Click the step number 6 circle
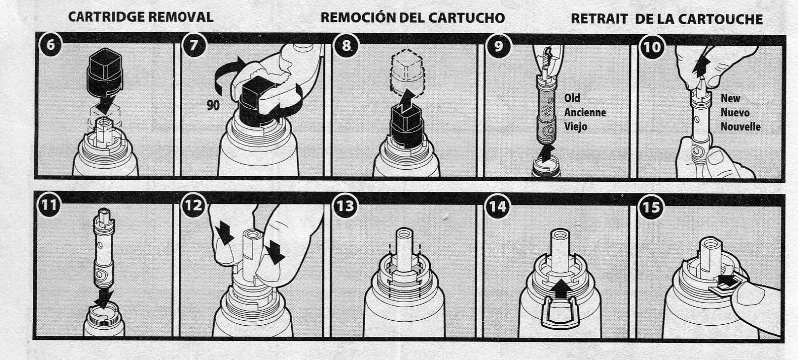coord(50,45)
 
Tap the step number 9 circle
coord(498,46)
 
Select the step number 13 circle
coord(345,206)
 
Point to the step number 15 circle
coord(651,207)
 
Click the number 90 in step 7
coord(213,105)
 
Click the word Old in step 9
coord(572,98)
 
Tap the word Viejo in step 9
coord(575,126)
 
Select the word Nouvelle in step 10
coord(740,127)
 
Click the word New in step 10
coord(730,98)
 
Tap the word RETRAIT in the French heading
coord(599,19)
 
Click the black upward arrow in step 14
coord(561,289)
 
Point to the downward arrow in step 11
coord(103,299)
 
